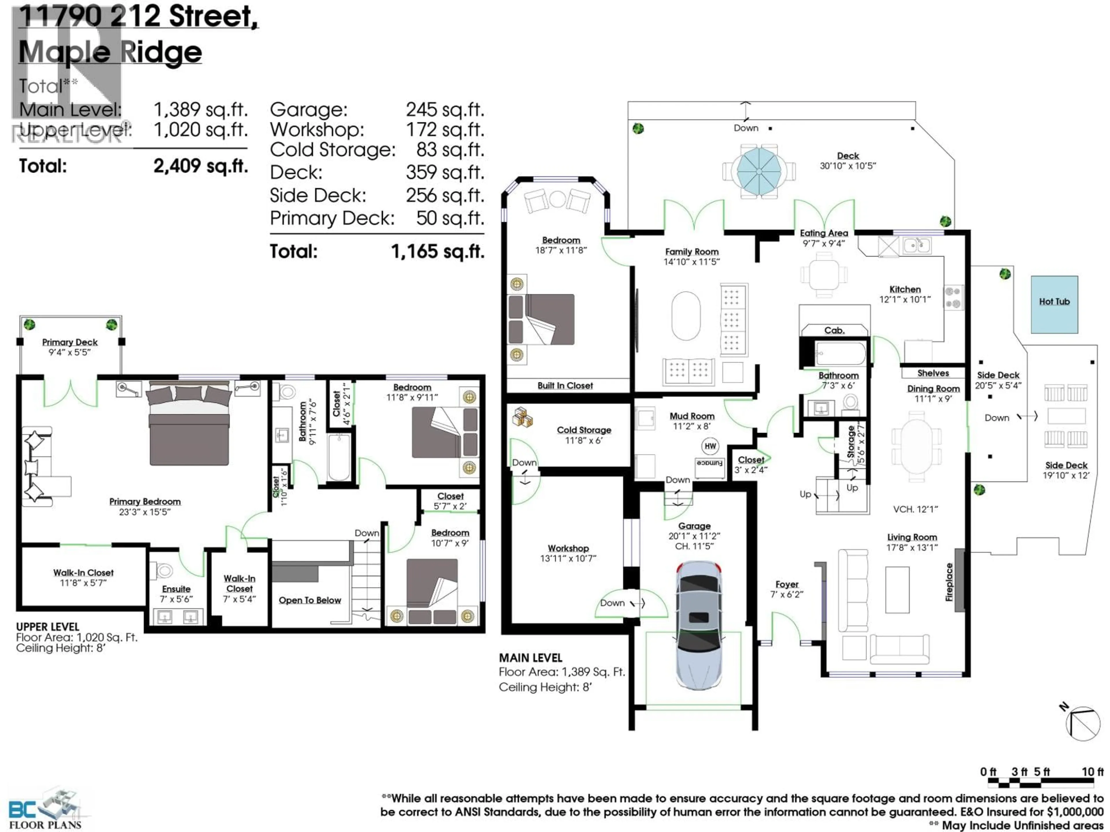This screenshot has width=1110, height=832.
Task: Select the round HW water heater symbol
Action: point(710,446)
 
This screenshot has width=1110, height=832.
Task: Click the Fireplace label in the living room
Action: point(949,582)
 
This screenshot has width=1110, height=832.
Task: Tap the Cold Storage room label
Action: point(584,430)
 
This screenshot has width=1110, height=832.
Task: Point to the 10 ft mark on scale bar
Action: point(1092,772)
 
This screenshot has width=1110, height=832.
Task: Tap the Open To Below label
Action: point(310,600)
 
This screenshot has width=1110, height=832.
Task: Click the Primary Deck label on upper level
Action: point(70,342)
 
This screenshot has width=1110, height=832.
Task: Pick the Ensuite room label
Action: point(176,589)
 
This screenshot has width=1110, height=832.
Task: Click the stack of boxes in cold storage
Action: point(522,417)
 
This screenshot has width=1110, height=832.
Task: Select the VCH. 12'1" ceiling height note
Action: point(915,509)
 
